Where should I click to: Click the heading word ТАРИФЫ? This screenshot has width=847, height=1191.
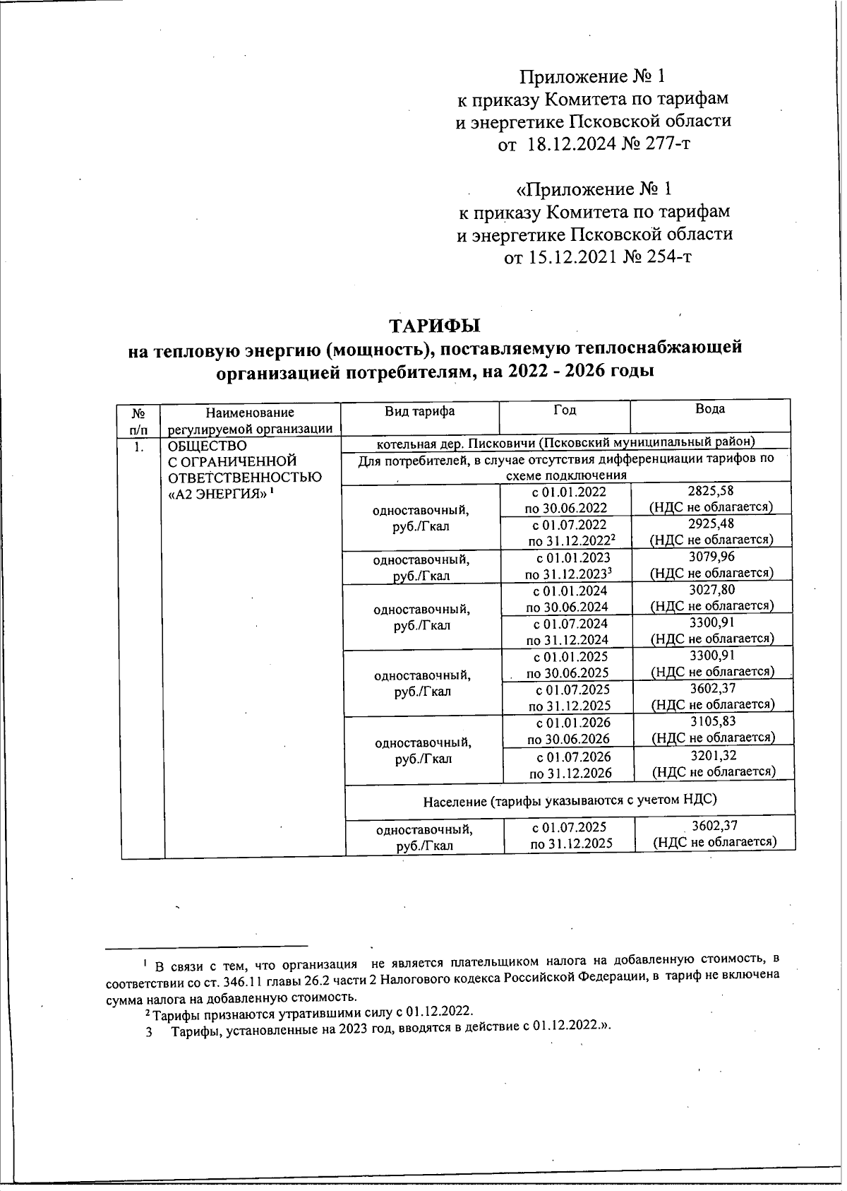pos(434,326)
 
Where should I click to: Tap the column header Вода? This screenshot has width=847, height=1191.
pos(709,409)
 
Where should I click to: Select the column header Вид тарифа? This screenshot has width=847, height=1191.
pos(419,410)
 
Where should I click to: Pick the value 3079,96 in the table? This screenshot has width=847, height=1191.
pos(711,557)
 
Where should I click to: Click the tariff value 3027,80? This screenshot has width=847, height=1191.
pos(711,590)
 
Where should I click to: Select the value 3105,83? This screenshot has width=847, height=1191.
pos(712,722)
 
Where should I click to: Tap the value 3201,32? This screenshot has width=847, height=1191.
pos(712,756)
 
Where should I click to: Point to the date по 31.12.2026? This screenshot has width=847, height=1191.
pos(570,773)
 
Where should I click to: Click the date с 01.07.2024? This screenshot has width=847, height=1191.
pos(570,624)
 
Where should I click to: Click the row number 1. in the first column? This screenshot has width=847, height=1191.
pos(140,446)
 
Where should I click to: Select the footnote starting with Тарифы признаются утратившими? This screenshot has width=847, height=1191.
pos(304,1012)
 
